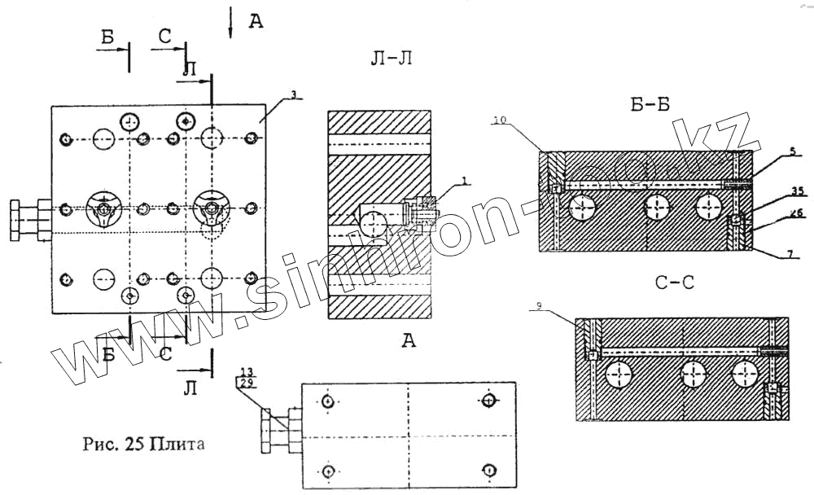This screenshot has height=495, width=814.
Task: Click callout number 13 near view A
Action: pyautogui.click(x=245, y=371)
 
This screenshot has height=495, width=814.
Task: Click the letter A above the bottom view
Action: pyautogui.click(x=408, y=342)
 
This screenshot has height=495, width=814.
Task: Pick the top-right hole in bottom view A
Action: pyautogui.click(x=488, y=400)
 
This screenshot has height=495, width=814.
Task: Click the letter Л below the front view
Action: pyautogui.click(x=190, y=390)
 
